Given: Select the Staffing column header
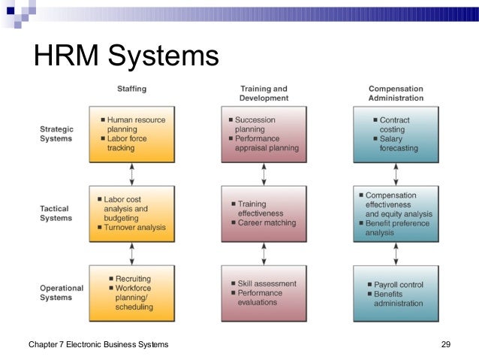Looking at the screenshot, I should point(131,89).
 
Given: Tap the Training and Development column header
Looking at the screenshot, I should point(264,93).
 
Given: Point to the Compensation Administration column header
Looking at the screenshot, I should point(396,93).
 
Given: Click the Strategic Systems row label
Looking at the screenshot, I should point(56,134).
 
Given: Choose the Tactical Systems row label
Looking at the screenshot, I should point(56,213).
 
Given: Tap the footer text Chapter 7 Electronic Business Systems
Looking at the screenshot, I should point(98,344).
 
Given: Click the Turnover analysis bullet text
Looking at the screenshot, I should point(135,227).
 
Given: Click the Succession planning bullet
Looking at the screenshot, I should point(255,124).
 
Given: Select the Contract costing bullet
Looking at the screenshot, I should point(394,124).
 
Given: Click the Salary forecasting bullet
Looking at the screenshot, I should point(399,144).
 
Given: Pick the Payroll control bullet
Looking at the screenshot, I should point(398,285).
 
